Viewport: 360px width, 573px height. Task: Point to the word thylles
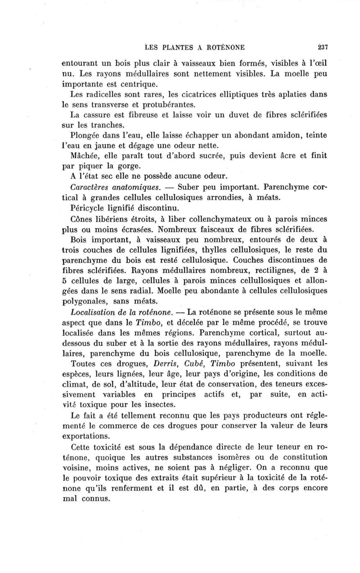click(x=203, y=251)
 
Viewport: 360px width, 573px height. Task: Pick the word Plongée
click(x=86, y=135)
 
